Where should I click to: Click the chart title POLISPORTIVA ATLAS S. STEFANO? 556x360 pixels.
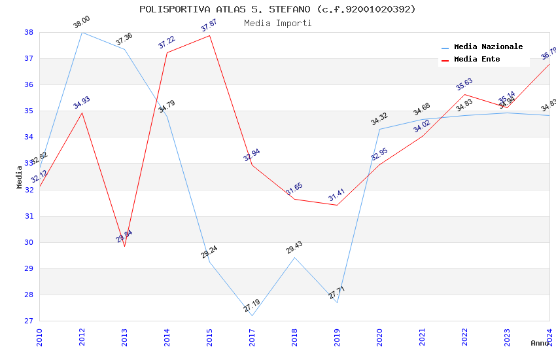point(277,9)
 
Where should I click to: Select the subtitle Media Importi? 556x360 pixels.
point(277,23)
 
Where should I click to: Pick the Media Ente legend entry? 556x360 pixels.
point(477,60)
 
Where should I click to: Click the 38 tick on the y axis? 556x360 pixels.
point(29,32)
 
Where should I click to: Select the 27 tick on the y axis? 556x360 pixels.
point(29,321)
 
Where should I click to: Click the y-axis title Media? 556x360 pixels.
point(20,177)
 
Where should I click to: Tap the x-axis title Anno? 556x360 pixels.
point(540,343)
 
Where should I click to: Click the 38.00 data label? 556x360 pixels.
point(82,23)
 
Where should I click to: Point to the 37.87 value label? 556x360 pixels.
point(209,26)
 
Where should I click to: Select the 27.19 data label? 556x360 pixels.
point(252,306)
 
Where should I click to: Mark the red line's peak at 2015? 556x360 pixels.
point(210,35)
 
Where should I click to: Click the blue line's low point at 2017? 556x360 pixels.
point(252,315)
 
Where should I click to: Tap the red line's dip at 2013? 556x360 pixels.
point(124,246)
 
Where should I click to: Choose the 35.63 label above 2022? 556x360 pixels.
point(464,84)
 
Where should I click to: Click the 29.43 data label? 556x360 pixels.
point(294,247)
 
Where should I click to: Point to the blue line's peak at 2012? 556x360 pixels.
point(82,32)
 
